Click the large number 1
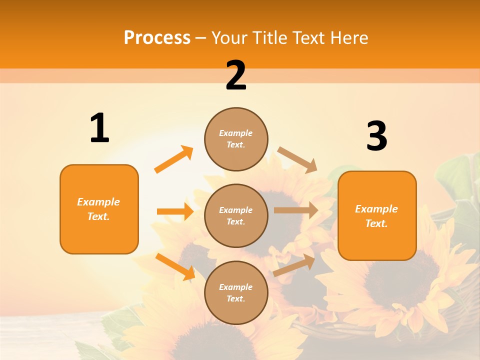coord(99,128)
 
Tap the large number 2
coord(236,75)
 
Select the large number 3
coord(376,136)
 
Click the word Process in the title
coord(157,37)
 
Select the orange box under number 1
coord(99,209)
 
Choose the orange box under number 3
coord(377,215)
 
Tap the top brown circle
coord(236,138)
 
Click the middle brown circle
coord(236,215)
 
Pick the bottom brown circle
coord(236,292)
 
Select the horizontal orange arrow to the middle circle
coord(175,211)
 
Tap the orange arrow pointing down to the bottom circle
coord(175,266)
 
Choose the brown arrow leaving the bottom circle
coord(294,265)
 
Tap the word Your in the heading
coord(229,37)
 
